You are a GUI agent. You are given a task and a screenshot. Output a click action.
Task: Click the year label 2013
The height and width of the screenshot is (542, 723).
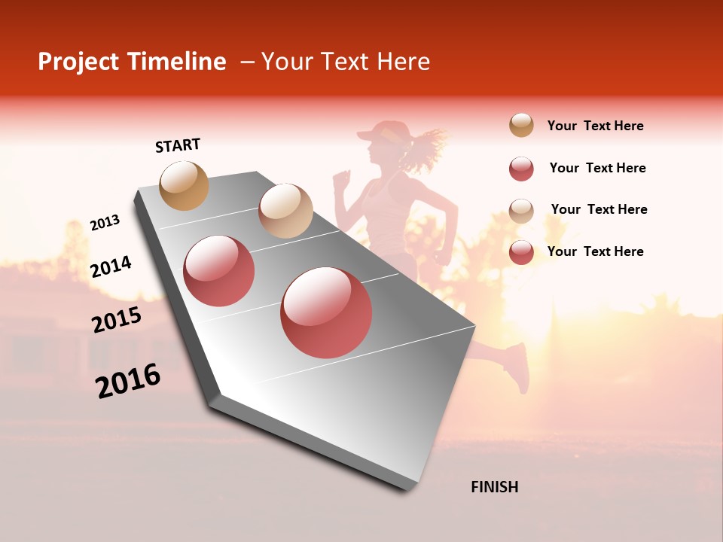pyautogui.click(x=105, y=222)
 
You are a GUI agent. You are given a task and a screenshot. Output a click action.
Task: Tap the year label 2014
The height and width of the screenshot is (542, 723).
pyautogui.click(x=111, y=266)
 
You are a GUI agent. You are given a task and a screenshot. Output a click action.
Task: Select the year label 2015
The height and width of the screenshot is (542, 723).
pyautogui.click(x=117, y=320)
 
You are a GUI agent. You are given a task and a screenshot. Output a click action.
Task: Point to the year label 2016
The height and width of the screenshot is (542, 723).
pyautogui.click(x=128, y=380)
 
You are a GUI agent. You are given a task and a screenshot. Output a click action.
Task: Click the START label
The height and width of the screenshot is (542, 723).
pyautogui.click(x=178, y=145)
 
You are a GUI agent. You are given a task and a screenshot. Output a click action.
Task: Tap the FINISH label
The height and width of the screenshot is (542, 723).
pyautogui.click(x=495, y=487)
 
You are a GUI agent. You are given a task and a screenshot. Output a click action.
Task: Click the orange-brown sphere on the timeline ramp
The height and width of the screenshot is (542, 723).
pyautogui.click(x=185, y=185)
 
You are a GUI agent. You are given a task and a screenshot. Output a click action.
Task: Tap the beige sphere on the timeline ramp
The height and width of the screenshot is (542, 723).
pyautogui.click(x=285, y=211)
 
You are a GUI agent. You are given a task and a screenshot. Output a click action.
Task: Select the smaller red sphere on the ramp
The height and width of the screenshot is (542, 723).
pyautogui.click(x=219, y=271)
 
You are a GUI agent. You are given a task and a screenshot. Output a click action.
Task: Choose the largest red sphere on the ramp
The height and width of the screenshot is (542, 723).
pyautogui.click(x=326, y=312)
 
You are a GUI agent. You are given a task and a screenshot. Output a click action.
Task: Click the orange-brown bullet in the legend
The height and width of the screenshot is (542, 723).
pyautogui.click(x=521, y=125)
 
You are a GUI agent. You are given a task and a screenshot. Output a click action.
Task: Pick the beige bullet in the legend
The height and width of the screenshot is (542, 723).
pyautogui.click(x=521, y=211)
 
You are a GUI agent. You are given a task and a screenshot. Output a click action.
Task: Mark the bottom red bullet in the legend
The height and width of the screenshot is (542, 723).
pyautogui.click(x=521, y=252)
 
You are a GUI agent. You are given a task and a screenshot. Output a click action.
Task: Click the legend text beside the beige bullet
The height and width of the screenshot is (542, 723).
pyautogui.click(x=599, y=209)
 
